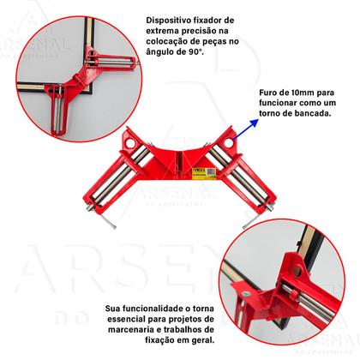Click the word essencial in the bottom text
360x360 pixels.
click(x=129, y=317)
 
